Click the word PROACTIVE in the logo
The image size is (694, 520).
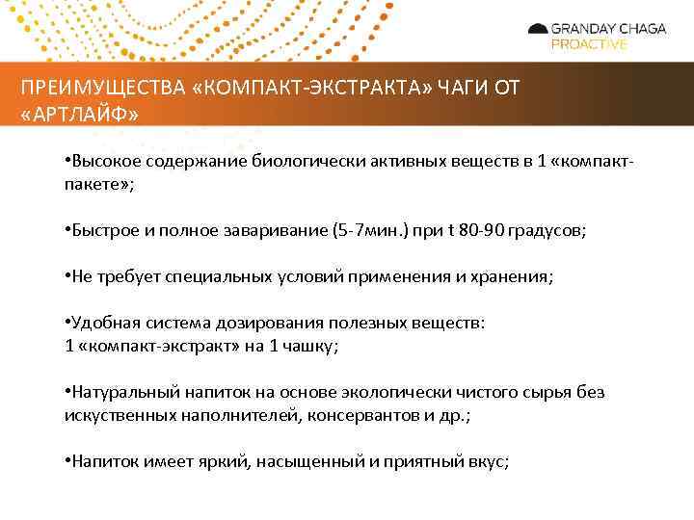(x=588, y=44)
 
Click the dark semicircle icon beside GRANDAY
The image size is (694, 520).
(x=538, y=29)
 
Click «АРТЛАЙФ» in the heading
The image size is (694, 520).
(x=79, y=115)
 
